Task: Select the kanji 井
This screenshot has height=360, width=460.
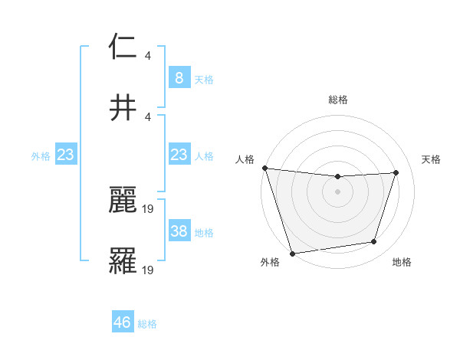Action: [x=123, y=106]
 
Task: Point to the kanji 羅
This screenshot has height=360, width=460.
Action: [x=123, y=260]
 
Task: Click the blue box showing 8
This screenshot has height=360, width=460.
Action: [x=179, y=78]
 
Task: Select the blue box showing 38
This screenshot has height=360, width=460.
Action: [x=179, y=231]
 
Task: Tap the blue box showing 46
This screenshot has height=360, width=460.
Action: [x=123, y=322]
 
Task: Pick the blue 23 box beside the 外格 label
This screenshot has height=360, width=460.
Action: [x=65, y=155]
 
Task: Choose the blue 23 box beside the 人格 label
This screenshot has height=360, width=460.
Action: [x=179, y=155]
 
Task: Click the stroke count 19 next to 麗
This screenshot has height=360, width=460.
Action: [x=149, y=208]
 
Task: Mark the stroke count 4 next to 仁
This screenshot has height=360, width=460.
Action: [x=148, y=55]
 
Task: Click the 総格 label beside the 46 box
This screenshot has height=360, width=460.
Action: [x=147, y=324]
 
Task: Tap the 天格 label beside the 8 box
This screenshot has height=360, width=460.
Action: [x=204, y=79]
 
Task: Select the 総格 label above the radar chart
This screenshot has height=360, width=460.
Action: [x=337, y=100]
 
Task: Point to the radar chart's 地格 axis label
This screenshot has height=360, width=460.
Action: [x=402, y=263]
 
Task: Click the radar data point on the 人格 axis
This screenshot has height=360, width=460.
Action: [x=264, y=168]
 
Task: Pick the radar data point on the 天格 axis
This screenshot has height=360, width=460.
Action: [x=396, y=172]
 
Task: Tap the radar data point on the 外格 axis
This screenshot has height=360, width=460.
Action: [x=292, y=252]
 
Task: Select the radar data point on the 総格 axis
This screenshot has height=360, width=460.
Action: [x=337, y=177]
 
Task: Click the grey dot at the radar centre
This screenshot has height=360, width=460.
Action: [x=337, y=191]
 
